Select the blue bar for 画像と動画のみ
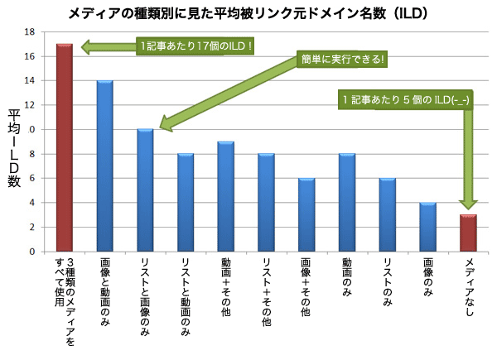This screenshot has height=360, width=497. pos(105,166)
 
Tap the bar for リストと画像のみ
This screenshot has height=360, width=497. pos(145,190)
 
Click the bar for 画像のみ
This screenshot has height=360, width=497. pos(427,227)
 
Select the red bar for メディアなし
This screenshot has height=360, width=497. pos(468,233)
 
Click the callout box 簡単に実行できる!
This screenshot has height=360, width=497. pos(344,60)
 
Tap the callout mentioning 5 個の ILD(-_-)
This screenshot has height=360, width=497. pos(406,99)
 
